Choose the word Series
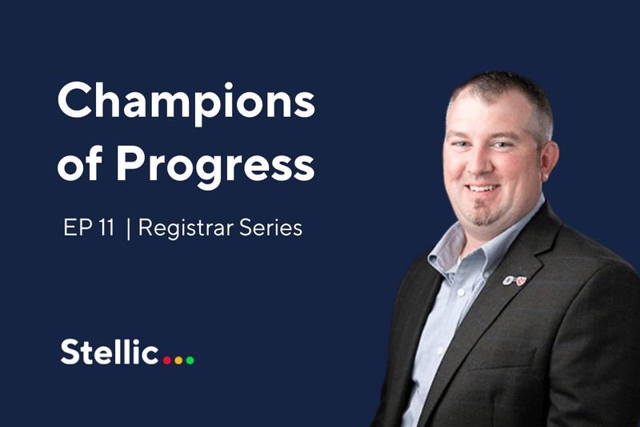(272, 228)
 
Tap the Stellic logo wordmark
(109, 352)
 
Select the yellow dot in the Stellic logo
(178, 360)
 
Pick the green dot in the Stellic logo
(190, 360)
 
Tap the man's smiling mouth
(482, 189)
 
